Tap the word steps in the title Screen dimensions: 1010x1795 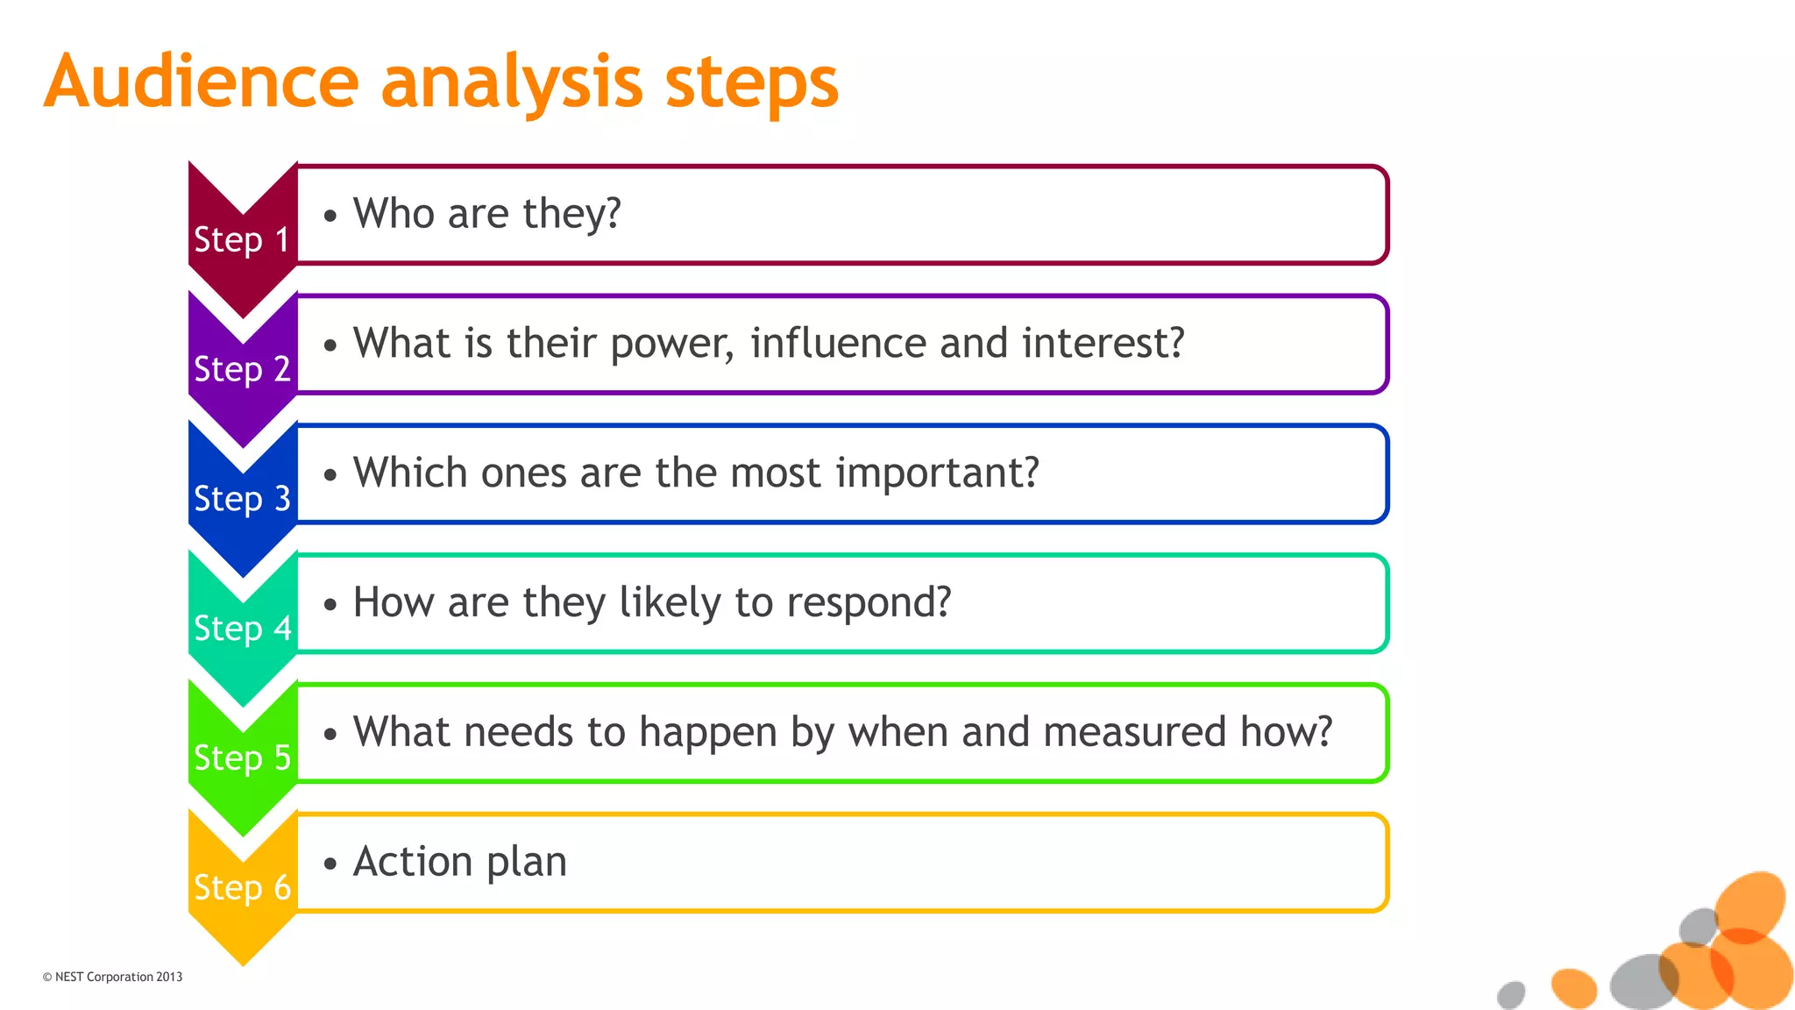(x=751, y=84)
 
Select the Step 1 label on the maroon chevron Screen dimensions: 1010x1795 (x=242, y=239)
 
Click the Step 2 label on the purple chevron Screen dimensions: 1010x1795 (x=242, y=369)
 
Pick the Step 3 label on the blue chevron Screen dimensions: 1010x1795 (x=242, y=499)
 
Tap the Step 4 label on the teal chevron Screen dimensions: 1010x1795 (x=242, y=629)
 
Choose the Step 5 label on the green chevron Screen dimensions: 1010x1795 (x=242, y=758)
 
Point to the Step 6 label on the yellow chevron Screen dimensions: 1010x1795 (x=242, y=888)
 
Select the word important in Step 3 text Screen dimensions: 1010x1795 (x=936, y=474)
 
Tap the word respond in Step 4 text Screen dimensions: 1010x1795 (x=868, y=604)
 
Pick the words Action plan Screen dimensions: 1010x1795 (x=460, y=862)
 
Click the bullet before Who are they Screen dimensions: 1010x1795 (x=330, y=216)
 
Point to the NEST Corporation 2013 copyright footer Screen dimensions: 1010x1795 (x=112, y=977)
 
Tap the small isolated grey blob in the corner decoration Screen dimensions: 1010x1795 (x=1511, y=994)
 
